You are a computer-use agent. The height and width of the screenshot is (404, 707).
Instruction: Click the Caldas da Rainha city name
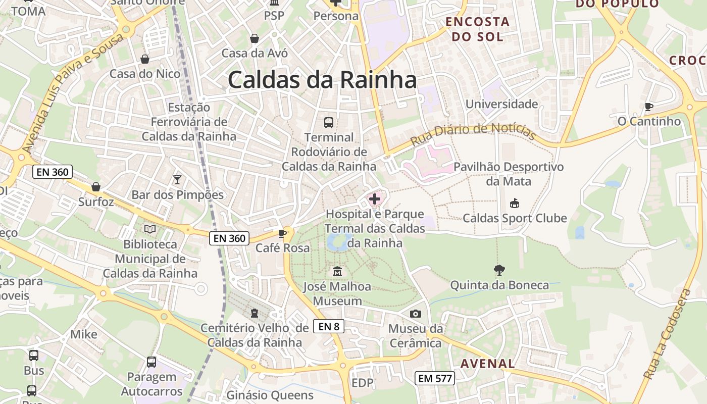pos(322,80)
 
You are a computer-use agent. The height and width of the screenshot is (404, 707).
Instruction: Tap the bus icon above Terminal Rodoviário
pos(329,122)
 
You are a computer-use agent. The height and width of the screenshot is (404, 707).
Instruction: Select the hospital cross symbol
pos(375,199)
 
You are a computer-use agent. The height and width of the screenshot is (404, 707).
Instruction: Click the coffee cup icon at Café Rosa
pos(282,233)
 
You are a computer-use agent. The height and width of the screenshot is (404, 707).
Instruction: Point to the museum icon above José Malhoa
pos(337,272)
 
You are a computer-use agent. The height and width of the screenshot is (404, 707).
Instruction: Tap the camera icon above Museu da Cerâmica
pos(415,314)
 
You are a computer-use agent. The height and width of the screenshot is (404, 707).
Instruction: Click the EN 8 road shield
pos(329,326)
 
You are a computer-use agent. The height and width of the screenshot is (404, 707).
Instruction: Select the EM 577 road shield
pos(435,378)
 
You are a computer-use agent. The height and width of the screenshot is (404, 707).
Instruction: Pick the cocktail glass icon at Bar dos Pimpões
pos(177,179)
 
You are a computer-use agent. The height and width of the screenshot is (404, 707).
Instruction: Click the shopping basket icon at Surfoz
pos(96,187)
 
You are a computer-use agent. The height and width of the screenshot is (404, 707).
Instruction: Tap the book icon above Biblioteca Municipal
pos(150,229)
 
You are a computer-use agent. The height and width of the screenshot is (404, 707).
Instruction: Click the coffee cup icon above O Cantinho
pos(649,107)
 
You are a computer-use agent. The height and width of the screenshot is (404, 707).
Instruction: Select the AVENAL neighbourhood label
pos(488,363)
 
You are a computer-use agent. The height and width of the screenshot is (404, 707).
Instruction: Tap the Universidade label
pos(501,104)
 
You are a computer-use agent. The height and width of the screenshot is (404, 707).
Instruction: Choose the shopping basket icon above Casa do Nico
pos(145,59)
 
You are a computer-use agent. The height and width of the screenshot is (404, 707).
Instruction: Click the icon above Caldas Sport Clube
pos(514,204)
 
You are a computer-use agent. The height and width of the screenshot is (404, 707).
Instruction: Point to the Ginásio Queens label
pos(270,395)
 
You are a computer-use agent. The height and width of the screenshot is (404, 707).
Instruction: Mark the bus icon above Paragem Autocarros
pos(151,362)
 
